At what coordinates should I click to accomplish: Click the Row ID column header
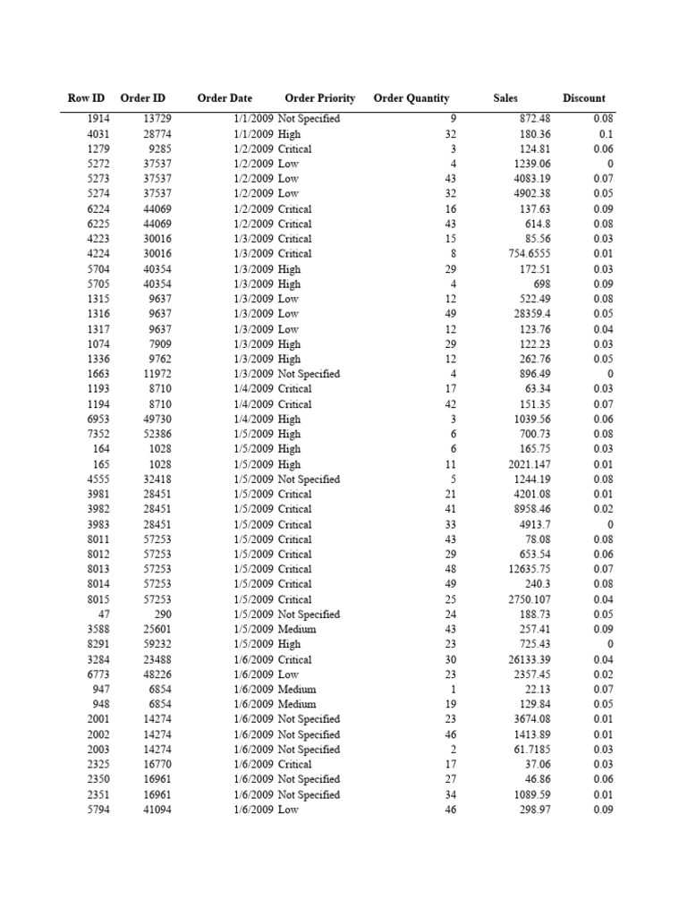pos(86,98)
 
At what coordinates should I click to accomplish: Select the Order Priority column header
pos(319,98)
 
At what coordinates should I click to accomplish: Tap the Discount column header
pos(583,98)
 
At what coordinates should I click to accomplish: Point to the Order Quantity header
pos(411,98)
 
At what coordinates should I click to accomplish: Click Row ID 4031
pos(99,134)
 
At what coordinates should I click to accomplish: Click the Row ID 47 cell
pos(104,615)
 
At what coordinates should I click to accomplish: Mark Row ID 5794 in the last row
pos(99,810)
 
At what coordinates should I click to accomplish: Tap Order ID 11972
pos(157,374)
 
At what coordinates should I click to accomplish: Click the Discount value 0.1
pos(606,134)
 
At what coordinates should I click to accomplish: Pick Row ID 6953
pos(99,419)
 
